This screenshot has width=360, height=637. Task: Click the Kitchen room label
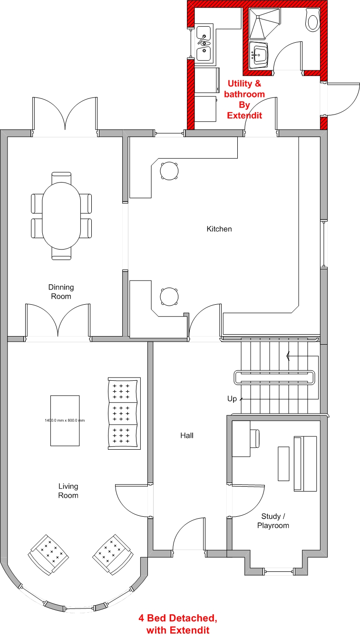(x=219, y=229)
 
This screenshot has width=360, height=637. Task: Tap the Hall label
(x=187, y=435)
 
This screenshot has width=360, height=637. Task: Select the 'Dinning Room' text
(x=61, y=292)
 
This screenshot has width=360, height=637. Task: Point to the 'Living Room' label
(x=68, y=491)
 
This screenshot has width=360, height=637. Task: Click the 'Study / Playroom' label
(x=273, y=521)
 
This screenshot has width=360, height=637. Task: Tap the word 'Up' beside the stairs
(x=232, y=399)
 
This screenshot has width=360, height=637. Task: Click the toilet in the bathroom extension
(x=312, y=19)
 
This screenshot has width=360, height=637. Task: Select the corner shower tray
(x=264, y=23)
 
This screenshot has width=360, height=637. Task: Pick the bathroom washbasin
(x=259, y=56)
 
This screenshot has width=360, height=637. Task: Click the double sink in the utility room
(x=204, y=44)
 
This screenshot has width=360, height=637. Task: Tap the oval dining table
(x=61, y=216)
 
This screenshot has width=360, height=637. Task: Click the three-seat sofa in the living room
(x=125, y=414)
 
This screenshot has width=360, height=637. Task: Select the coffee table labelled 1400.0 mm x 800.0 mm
(x=65, y=421)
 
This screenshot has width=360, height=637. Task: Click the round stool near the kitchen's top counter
(x=169, y=171)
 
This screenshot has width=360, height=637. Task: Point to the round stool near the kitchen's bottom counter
(x=169, y=297)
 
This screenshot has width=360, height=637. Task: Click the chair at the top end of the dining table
(x=61, y=177)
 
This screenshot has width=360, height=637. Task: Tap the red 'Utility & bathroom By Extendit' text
(x=244, y=99)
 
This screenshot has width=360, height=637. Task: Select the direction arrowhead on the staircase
(x=288, y=356)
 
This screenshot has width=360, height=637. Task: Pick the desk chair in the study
(x=255, y=438)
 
